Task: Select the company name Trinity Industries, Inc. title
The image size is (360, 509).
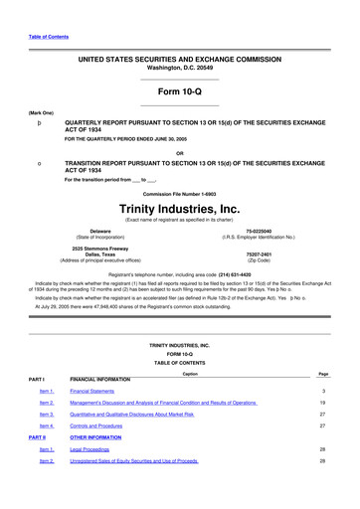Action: pos(180,209)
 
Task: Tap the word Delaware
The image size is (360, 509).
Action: pos(93,231)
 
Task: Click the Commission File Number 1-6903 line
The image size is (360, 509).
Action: pos(180,194)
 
